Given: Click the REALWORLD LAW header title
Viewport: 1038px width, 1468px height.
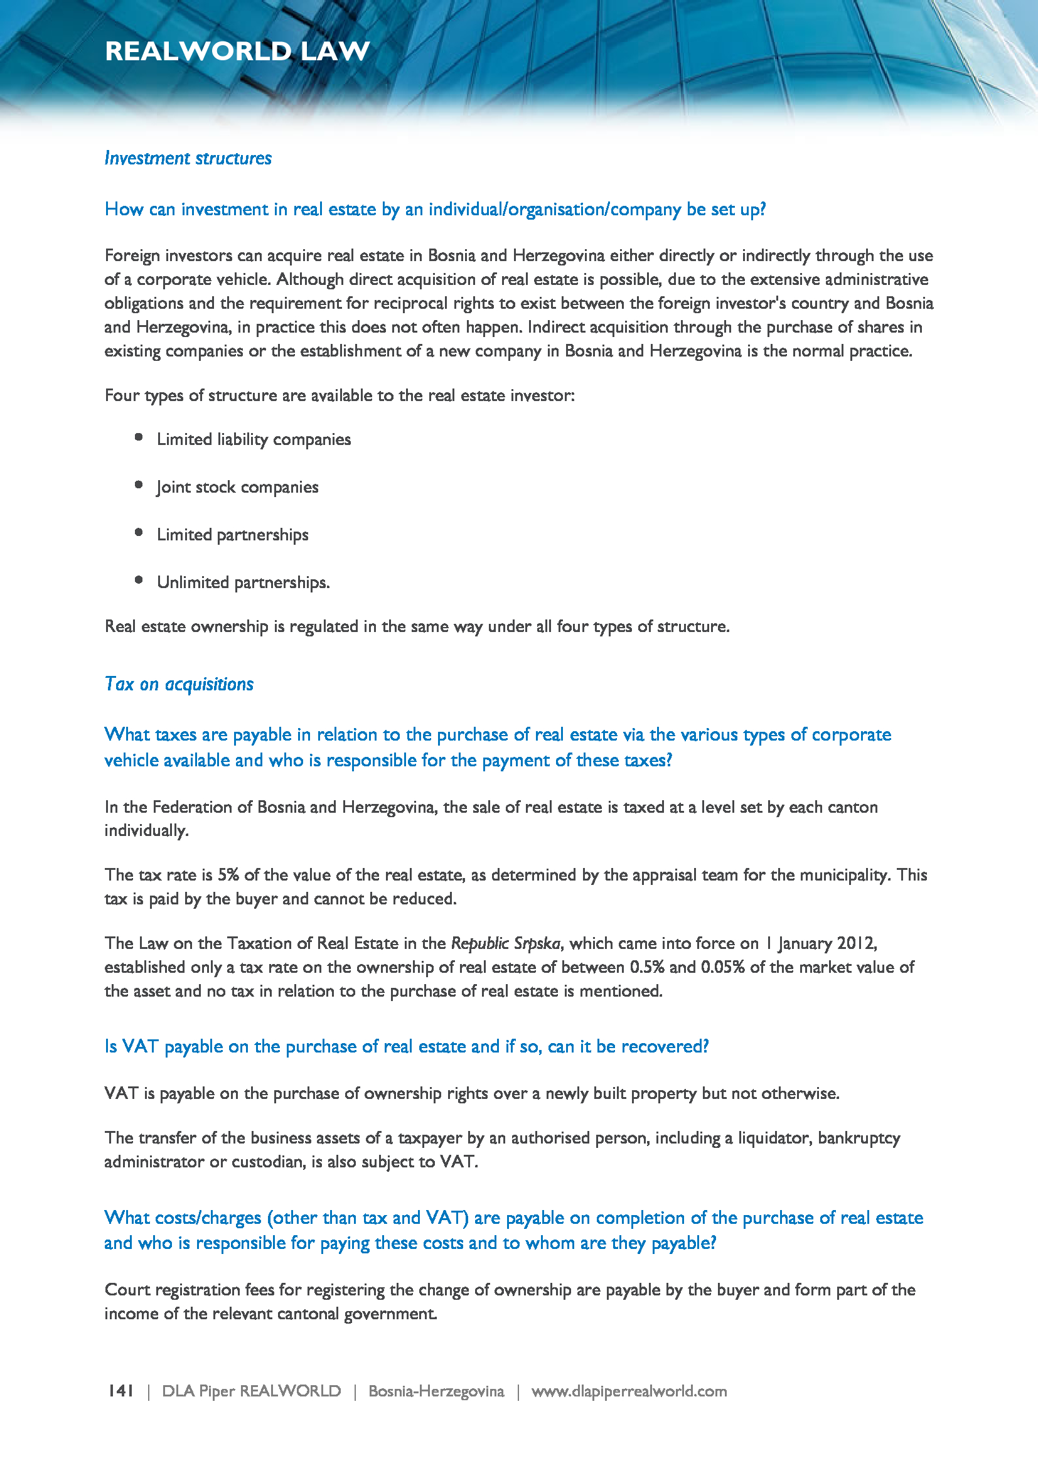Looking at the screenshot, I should (x=237, y=51).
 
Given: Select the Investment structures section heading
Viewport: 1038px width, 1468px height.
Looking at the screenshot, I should (x=188, y=158).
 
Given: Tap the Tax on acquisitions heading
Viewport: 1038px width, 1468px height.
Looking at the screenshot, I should (x=179, y=684).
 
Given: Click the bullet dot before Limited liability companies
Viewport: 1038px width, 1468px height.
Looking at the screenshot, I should (x=139, y=437).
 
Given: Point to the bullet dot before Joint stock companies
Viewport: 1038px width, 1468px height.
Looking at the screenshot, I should (x=139, y=485).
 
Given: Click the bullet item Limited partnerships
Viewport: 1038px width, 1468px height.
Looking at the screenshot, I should (x=233, y=535).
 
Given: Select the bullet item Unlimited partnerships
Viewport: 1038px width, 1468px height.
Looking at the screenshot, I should (x=243, y=582).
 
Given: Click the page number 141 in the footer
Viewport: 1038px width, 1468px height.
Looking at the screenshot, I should (x=120, y=1391).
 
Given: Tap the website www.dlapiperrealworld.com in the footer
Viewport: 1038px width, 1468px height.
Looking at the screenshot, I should (x=629, y=1391).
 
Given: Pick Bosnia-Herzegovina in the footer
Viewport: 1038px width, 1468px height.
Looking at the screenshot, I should (x=436, y=1391).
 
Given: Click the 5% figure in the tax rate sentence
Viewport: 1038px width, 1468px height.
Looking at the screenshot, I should (x=228, y=875).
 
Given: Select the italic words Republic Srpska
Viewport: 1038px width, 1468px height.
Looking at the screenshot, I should (x=506, y=943).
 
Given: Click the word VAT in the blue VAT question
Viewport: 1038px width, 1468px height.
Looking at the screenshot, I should (x=140, y=1047).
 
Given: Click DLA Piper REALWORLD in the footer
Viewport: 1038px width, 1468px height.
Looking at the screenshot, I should (x=251, y=1391).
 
